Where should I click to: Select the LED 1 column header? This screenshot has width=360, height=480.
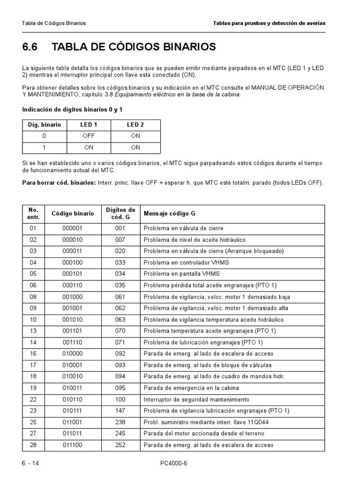click(89, 125)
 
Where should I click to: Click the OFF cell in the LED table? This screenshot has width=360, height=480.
click(89, 136)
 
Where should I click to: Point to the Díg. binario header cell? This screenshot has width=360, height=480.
click(45, 125)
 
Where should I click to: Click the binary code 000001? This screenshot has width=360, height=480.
click(72, 228)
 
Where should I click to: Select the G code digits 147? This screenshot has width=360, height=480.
click(120, 411)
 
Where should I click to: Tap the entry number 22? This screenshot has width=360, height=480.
click(33, 399)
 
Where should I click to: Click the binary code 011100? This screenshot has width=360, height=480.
click(72, 445)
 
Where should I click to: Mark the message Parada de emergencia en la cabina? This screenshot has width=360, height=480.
click(191, 388)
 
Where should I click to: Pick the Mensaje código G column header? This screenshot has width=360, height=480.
click(169, 213)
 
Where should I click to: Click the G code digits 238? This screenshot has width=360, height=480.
click(120, 422)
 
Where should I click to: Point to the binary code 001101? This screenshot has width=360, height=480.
click(72, 331)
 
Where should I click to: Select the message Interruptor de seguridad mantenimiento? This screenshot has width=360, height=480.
click(196, 399)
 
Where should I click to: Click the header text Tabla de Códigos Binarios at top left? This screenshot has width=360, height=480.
click(54, 23)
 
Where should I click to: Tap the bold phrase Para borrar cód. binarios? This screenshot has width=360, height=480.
click(59, 182)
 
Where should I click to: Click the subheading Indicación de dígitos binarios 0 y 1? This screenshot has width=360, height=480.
click(73, 110)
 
